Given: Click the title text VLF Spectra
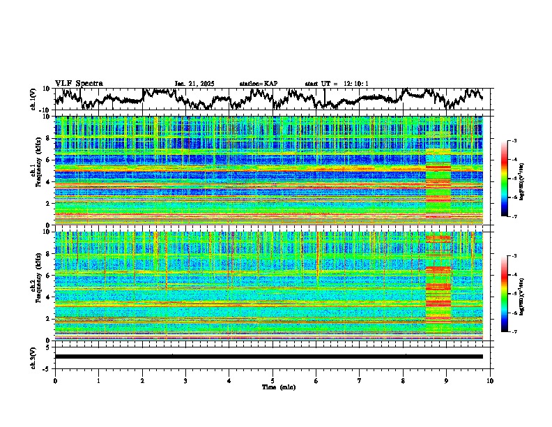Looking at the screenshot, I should click(79, 83).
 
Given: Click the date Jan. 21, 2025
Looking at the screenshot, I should click(194, 84).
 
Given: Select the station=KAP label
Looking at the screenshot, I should click(259, 84).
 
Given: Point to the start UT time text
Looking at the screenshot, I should click(337, 84).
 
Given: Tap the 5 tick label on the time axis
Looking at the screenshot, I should click(273, 380).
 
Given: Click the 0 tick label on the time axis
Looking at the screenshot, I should click(55, 380).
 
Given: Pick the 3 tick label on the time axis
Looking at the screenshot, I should click(185, 380).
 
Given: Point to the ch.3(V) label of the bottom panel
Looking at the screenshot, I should click(33, 356).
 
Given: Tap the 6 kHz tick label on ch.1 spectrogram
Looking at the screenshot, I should click(49, 160).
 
